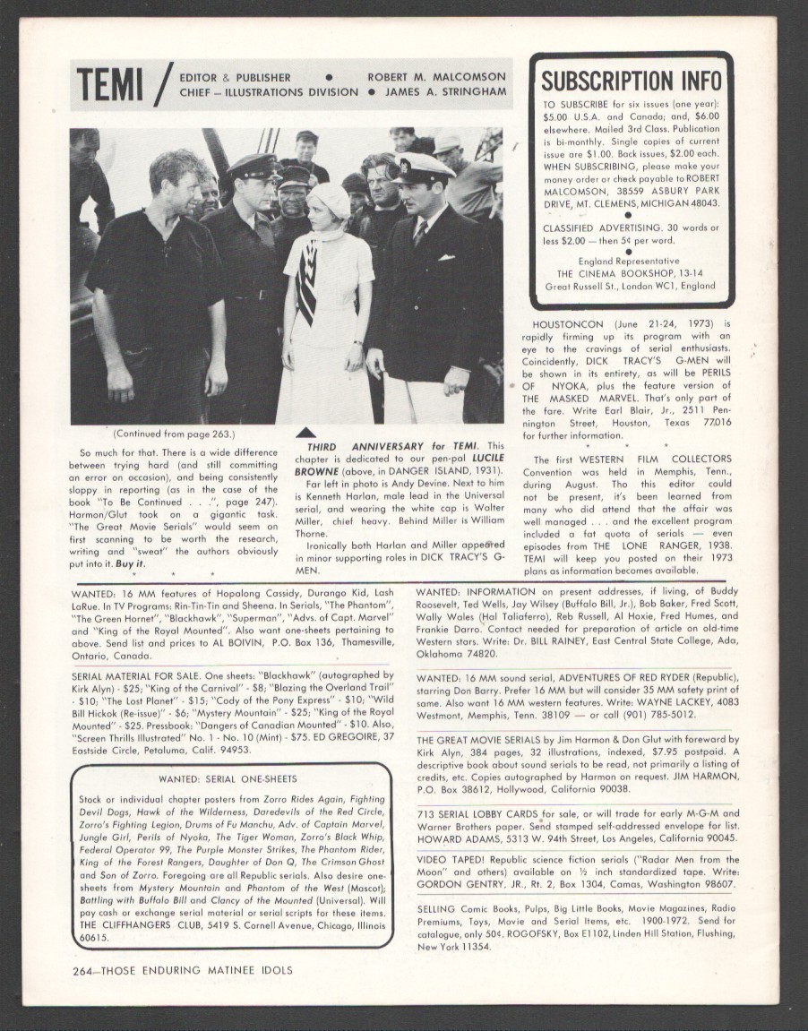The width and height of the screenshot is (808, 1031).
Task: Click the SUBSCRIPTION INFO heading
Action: click(632, 80)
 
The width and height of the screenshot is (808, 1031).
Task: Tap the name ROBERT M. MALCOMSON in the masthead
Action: click(437, 76)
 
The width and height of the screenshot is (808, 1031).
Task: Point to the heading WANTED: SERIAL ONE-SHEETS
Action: click(228, 778)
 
